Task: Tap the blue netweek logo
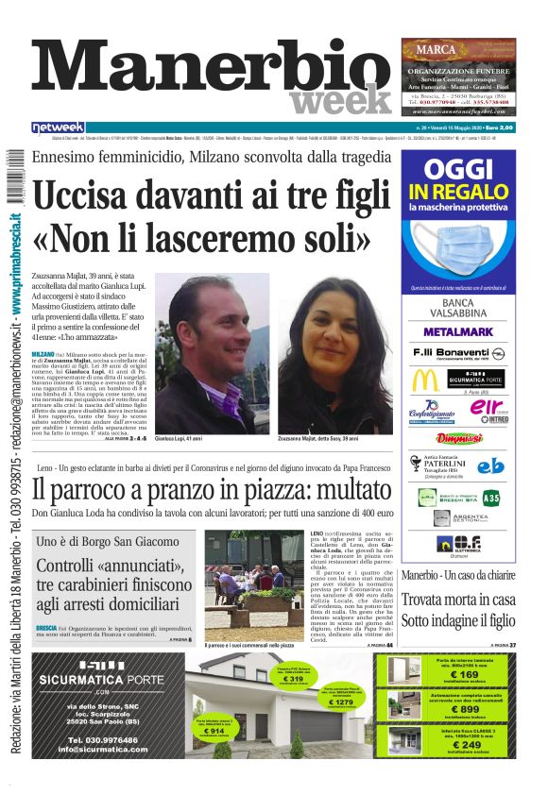(x=58, y=127)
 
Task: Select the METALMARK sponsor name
(x=457, y=332)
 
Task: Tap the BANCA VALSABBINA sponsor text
(x=458, y=309)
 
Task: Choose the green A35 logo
(x=491, y=497)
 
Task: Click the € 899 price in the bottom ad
(x=463, y=711)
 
